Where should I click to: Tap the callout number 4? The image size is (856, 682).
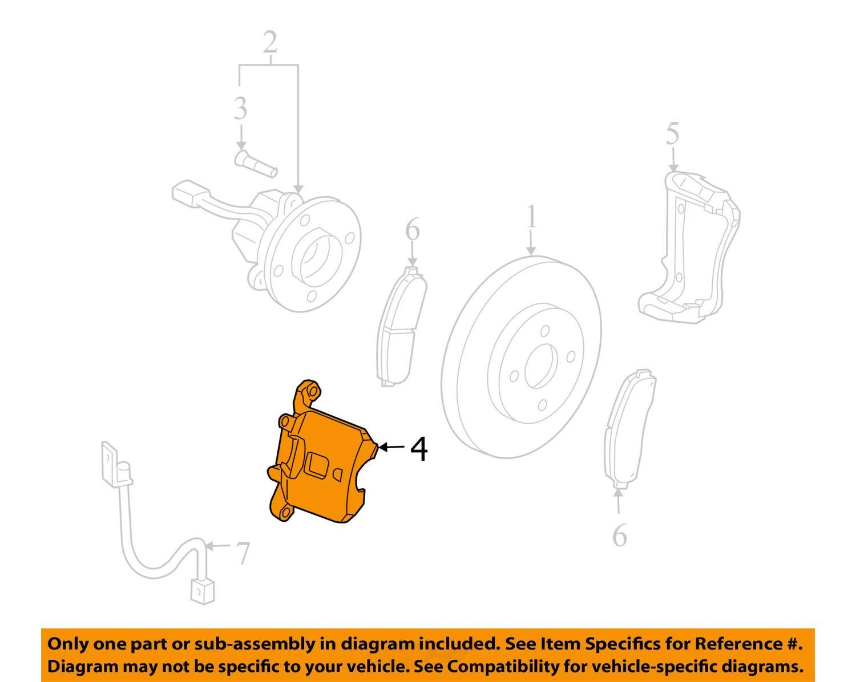tap(418, 449)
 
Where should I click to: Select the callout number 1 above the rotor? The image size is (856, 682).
tap(532, 217)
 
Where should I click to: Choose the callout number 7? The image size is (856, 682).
tap(242, 553)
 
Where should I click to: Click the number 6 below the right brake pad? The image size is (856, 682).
tap(619, 535)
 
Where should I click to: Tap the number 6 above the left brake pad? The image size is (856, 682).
tap(413, 230)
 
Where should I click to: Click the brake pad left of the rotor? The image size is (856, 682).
tap(401, 326)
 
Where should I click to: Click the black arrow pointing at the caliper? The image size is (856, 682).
tap(392, 448)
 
